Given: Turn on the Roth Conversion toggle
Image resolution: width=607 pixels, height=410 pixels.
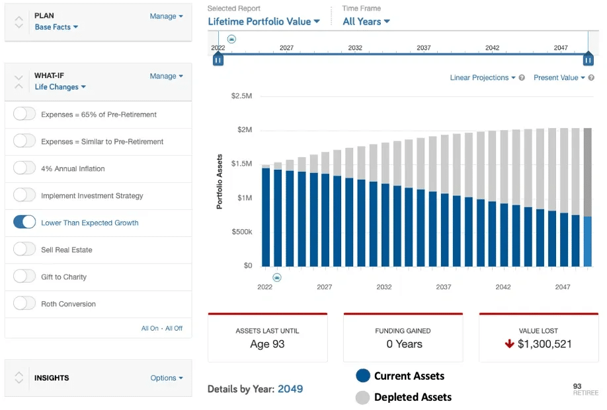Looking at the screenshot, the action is pos(24,303).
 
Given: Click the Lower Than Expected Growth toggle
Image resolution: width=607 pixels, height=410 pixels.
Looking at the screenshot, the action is pos(24,222).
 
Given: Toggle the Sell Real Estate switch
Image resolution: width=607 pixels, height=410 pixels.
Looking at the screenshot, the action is pos(24,250).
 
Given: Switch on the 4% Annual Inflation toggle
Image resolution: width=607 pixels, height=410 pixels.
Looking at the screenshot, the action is pos(24,168).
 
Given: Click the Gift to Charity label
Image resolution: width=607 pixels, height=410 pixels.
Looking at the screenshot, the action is pos(64,277).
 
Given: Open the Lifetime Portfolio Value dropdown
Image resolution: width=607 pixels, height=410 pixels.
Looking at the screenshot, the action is pos(264,22).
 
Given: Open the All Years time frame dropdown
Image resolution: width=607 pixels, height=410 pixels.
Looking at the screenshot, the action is pos(366,22).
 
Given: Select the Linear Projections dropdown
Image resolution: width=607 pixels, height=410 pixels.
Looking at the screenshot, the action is pos(483,78).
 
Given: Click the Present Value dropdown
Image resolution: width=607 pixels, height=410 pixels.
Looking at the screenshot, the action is pos(559,78).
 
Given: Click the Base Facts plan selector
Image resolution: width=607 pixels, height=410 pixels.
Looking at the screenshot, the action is pos(56,27).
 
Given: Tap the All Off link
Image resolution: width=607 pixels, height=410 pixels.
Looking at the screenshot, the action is pos(174,328).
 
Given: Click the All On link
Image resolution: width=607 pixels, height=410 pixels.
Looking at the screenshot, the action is pos(150,328).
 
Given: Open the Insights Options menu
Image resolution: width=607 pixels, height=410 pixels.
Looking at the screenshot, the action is pos(167,378).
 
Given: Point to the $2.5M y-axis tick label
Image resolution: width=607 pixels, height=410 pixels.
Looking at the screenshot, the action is pos(241,96).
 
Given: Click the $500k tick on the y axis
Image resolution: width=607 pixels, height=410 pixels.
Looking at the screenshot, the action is pos(242,232).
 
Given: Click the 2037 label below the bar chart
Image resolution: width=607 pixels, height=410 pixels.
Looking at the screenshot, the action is pos(444,287).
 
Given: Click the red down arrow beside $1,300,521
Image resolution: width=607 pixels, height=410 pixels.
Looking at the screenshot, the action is pos(509,343).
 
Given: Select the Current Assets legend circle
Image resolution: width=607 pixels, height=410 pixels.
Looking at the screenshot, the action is pos(363,376).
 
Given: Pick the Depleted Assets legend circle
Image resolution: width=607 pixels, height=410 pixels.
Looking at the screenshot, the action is pos(363,397).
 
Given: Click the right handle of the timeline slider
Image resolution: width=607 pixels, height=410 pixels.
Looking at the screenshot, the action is pos(588,59).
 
